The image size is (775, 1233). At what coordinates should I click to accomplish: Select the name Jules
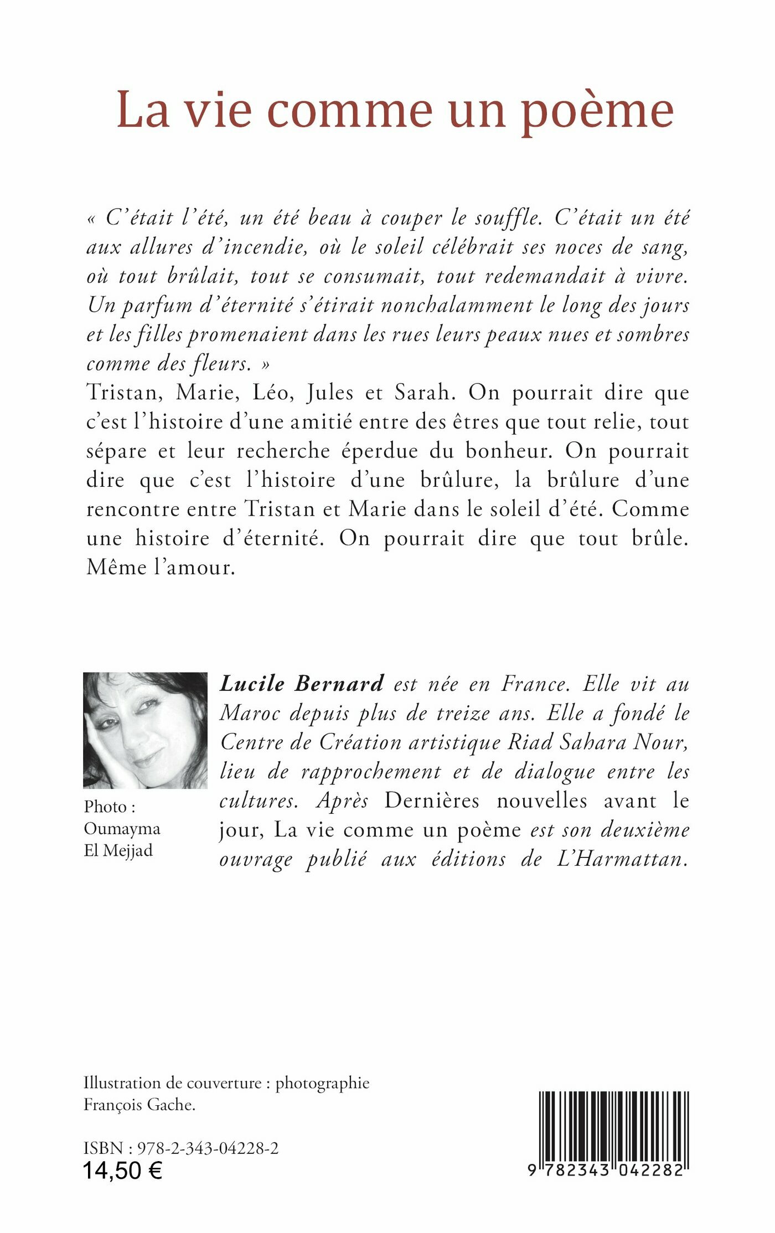click(x=330, y=393)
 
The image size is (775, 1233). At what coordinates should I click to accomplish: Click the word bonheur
click(x=508, y=451)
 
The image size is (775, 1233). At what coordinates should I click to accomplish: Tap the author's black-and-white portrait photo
click(x=145, y=730)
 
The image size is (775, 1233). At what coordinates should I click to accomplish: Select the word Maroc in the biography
click(x=249, y=714)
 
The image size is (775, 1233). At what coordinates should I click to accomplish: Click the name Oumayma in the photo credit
click(x=122, y=829)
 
